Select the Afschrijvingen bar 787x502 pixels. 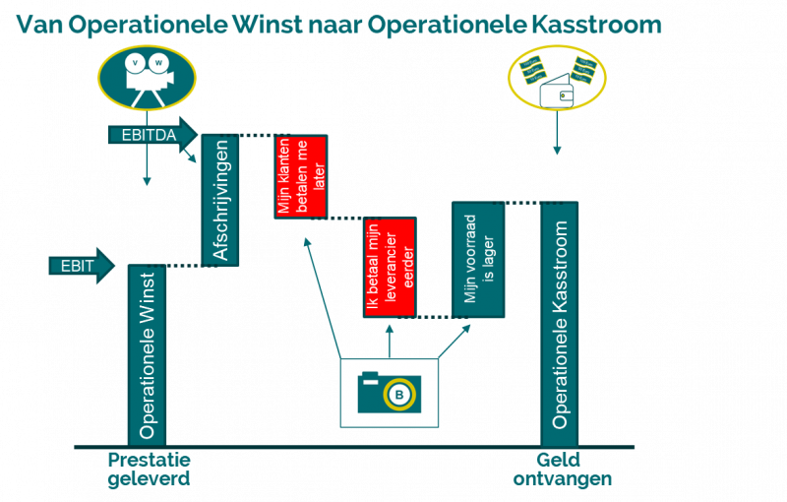click(x=220, y=200)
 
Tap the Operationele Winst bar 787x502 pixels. click(x=147, y=354)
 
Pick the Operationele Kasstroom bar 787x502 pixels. click(x=560, y=324)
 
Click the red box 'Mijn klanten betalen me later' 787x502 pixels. click(x=300, y=176)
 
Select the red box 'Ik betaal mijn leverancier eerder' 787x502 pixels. click(x=390, y=268)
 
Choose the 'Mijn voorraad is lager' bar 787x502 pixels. click(x=478, y=260)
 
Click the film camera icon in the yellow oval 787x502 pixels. click(x=147, y=76)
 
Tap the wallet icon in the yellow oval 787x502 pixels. click(x=557, y=96)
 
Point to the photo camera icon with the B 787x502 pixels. click(x=389, y=392)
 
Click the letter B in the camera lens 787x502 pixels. click(x=399, y=395)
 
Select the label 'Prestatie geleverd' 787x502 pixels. click(x=148, y=470)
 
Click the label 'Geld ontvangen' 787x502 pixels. click(x=562, y=470)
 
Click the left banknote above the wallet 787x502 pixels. click(x=534, y=71)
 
